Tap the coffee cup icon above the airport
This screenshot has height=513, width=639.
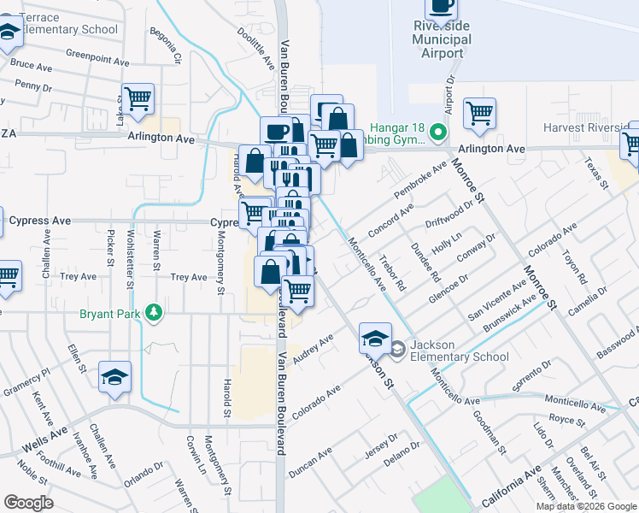coord(441,7)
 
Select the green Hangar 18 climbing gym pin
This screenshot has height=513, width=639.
coord(438,133)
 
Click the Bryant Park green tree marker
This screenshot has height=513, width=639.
coord(154,313)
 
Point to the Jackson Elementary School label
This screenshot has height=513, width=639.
coord(459,351)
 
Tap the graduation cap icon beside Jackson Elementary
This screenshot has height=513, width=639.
coord(375,339)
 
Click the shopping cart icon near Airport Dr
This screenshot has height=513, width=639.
coord(480,112)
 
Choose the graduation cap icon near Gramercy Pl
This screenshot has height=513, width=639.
coord(114,376)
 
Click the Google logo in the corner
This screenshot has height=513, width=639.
coord(28,503)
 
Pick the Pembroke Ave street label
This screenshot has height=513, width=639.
coord(420,180)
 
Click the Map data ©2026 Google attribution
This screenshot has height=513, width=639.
coord(586,506)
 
